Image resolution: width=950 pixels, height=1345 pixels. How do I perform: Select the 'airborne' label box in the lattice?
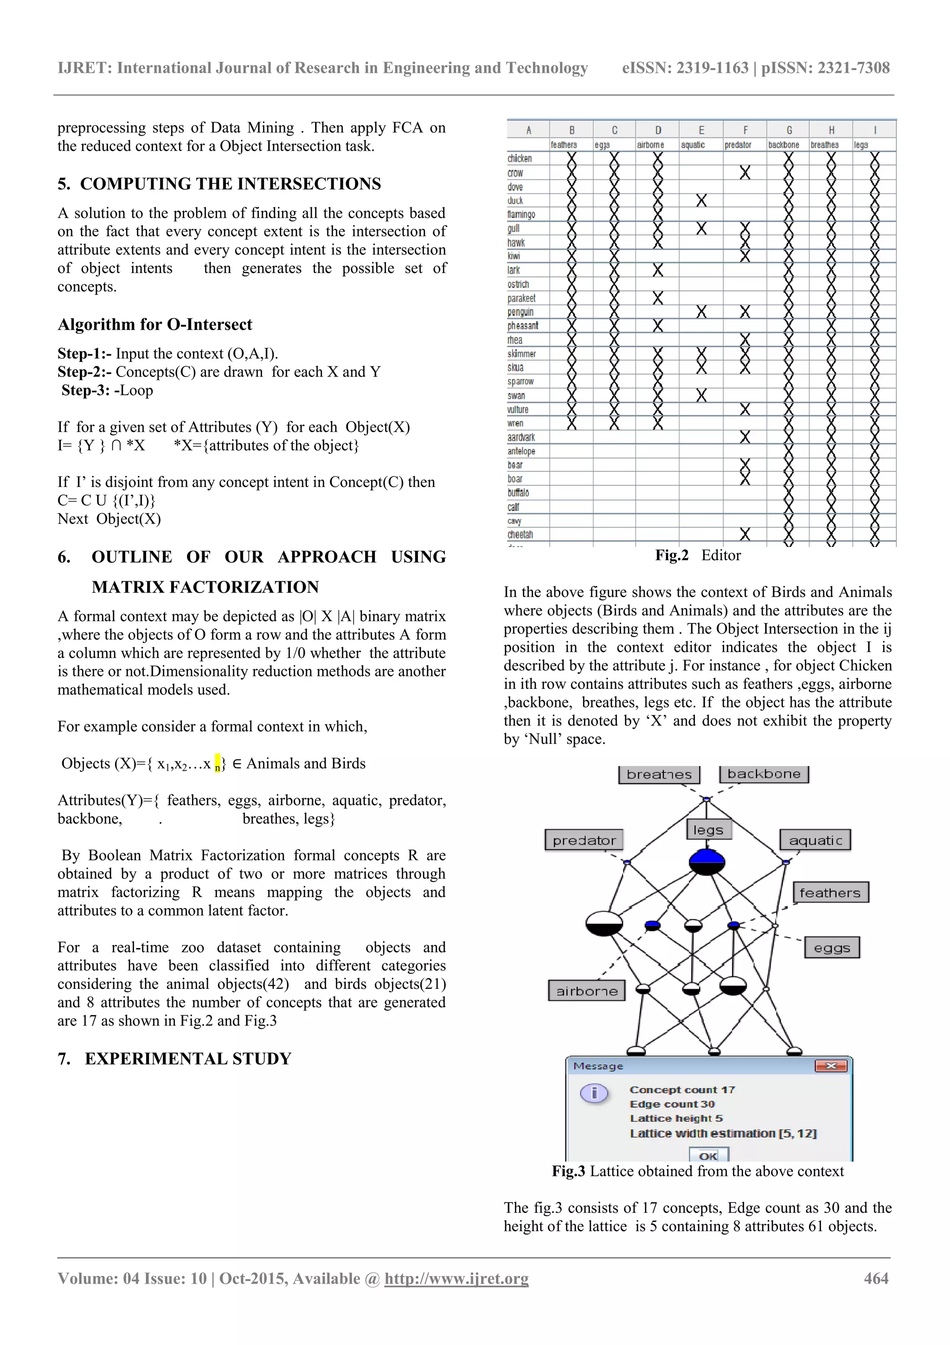point(586,991)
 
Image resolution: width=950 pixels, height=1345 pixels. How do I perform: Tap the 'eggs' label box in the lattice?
point(832,948)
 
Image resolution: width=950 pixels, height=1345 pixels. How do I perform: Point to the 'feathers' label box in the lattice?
point(830,893)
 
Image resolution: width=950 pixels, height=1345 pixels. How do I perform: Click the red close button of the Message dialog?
point(831,1066)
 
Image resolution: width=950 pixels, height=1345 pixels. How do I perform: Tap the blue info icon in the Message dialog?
point(594,1093)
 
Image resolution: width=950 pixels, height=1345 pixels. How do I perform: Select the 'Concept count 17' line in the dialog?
point(682,1090)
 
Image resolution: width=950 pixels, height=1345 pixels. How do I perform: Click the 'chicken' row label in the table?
point(520,159)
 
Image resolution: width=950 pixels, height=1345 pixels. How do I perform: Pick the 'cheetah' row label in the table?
point(520,534)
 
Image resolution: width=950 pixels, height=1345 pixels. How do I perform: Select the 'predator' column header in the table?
point(738,145)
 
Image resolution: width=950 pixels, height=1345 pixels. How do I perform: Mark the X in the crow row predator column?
point(745,173)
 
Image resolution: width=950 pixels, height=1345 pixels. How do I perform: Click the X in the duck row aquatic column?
point(701,201)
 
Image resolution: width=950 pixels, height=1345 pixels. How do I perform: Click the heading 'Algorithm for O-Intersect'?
point(154,325)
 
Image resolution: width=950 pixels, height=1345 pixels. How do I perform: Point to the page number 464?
point(876,1278)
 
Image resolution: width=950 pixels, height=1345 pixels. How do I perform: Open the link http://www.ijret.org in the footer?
point(456,1279)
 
